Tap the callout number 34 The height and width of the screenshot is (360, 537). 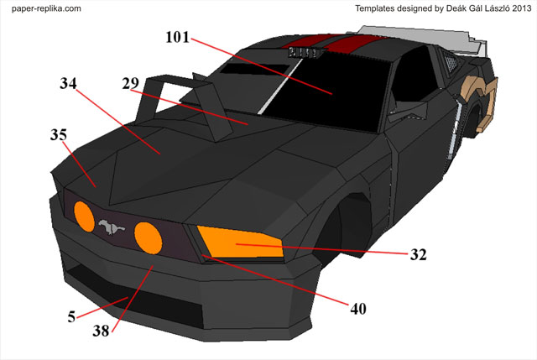[x=72, y=85]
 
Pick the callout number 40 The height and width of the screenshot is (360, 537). [x=357, y=309]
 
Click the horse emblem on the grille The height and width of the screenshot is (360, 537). [x=109, y=227]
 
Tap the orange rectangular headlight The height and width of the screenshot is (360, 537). [x=240, y=242]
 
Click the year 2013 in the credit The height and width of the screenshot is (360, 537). [x=519, y=8]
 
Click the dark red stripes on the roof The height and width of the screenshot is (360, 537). [x=336, y=42]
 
